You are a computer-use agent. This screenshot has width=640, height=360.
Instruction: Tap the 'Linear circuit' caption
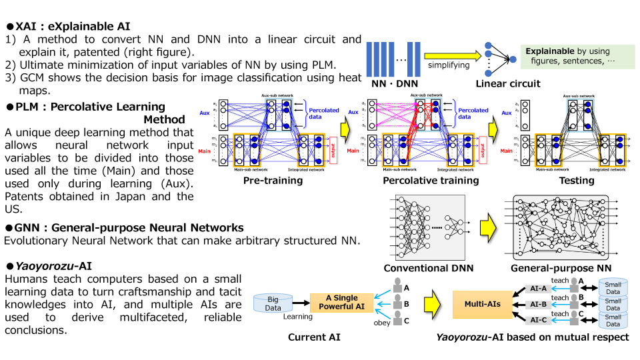point(507,83)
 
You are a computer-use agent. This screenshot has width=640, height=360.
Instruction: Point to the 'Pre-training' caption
point(273,180)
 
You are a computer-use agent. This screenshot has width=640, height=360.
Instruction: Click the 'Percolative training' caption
point(431,180)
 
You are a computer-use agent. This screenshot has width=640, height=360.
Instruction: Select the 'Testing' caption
point(577,180)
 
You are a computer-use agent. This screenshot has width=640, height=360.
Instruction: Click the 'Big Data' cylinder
point(273,304)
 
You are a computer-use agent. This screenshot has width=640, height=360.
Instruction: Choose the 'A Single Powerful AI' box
point(341,302)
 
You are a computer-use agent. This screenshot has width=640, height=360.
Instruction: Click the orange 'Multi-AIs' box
point(482,303)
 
